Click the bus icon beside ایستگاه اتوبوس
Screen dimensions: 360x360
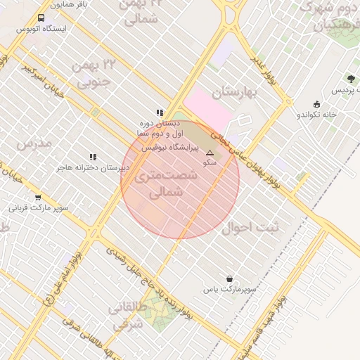point(41,18)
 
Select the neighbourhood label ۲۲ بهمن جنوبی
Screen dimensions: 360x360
point(93,76)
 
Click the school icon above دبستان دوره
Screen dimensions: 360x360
point(160,112)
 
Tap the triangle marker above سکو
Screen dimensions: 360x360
point(209,152)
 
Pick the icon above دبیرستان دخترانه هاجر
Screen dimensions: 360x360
point(92,157)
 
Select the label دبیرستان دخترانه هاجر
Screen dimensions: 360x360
point(94,169)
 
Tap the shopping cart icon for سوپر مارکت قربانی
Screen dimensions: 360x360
point(37,198)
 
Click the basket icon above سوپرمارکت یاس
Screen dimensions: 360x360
point(229,278)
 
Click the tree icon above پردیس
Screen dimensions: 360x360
point(350,79)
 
